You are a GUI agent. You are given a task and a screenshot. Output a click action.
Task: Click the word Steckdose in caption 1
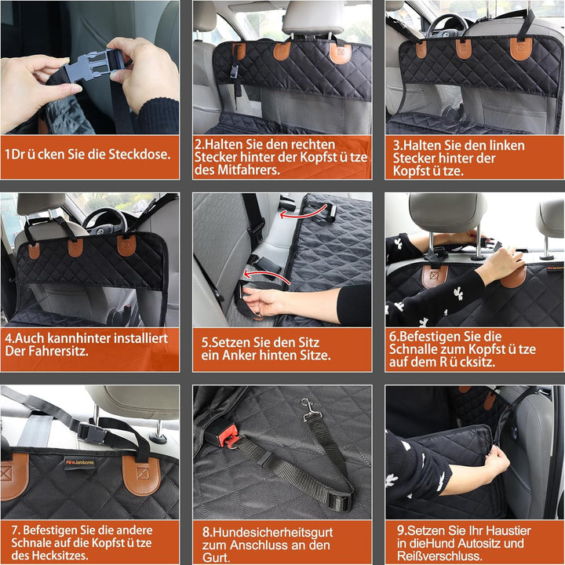click(140, 155)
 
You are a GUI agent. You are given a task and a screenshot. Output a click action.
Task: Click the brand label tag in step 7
click(80, 464)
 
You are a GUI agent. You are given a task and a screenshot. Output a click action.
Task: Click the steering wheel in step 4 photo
click(104, 221)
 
